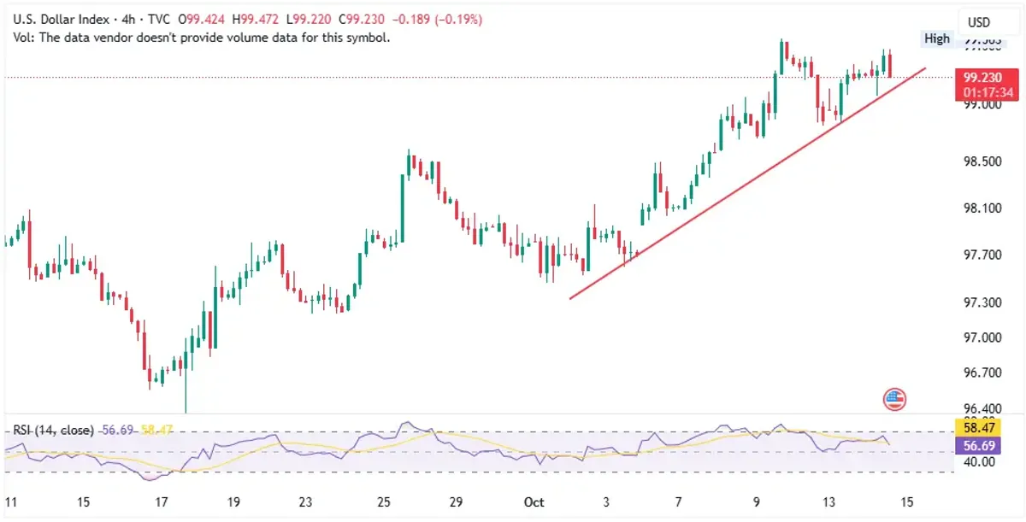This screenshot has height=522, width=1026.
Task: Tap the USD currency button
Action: pos(978,22)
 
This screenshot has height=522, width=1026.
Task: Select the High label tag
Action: pos(936,38)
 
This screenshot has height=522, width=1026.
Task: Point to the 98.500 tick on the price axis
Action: pos(981,161)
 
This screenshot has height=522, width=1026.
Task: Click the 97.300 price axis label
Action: pos(981,302)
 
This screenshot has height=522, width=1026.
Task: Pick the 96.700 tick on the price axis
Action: pos(981,372)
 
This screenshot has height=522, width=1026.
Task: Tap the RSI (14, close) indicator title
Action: pos(52,431)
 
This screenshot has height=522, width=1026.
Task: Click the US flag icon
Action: pos(895,398)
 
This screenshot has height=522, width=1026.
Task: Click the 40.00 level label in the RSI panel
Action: pos(976,462)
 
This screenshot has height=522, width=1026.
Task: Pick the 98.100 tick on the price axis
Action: pos(981,208)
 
